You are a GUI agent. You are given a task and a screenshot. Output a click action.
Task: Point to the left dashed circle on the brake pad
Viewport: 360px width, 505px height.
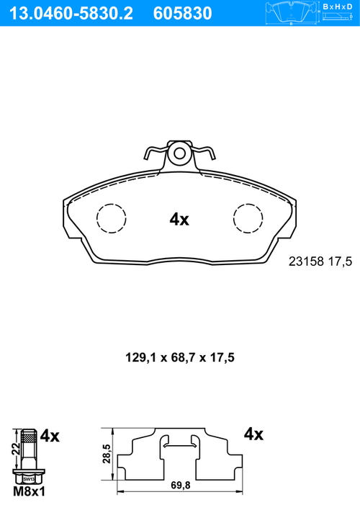[112, 218]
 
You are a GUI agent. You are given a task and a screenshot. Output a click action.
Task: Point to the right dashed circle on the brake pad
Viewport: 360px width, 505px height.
[248, 218]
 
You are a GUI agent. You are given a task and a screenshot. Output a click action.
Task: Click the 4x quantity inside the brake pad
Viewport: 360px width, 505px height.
[179, 220]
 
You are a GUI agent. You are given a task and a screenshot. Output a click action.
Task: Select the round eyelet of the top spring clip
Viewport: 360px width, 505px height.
[179, 153]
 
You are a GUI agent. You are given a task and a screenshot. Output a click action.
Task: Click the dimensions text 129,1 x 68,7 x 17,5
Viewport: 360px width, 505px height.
[180, 357]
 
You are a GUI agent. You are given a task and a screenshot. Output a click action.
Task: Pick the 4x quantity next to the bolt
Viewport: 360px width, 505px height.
[50, 435]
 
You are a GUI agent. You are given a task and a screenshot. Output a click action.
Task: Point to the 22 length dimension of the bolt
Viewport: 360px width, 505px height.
[15, 448]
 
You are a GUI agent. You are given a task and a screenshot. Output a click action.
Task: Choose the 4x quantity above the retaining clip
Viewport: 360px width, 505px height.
[254, 434]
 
